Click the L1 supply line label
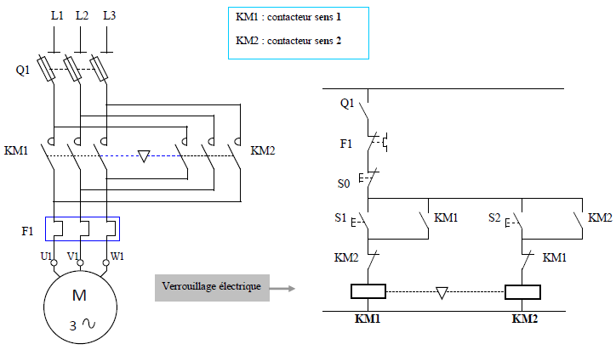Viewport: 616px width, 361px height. (x=57, y=15)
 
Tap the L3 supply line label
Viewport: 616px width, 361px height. (x=109, y=15)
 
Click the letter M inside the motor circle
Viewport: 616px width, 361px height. (x=79, y=295)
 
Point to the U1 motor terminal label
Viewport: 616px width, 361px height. (x=46, y=257)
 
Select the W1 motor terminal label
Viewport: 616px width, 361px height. (x=117, y=257)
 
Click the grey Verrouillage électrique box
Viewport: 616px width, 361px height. (x=212, y=288)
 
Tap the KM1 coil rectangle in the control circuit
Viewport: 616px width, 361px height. (x=368, y=291)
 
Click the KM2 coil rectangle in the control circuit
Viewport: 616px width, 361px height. (x=522, y=292)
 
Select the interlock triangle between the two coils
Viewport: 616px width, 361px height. (x=442, y=293)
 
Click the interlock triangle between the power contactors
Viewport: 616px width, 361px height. (x=144, y=156)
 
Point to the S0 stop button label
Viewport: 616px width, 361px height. (x=344, y=183)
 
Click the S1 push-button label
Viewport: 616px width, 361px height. (x=340, y=217)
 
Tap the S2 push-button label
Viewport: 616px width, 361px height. (x=494, y=217)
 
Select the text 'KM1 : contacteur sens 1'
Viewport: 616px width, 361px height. (x=288, y=17)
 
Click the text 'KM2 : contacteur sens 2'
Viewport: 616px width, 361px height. (x=288, y=41)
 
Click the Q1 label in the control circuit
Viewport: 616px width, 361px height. (x=347, y=103)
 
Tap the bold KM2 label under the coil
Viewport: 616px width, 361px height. (x=524, y=319)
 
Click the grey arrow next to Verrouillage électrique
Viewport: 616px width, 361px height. (x=282, y=289)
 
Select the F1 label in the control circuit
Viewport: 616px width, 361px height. (x=345, y=144)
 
